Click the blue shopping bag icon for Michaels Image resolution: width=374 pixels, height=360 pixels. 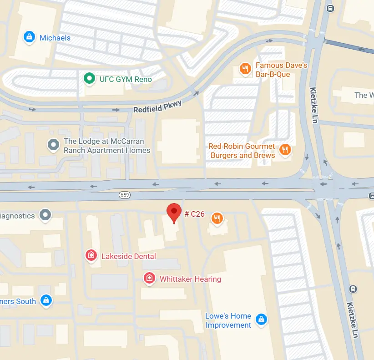(29, 37)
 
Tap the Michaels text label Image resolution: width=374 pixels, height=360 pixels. (55, 38)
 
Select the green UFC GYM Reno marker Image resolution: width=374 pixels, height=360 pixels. (90, 79)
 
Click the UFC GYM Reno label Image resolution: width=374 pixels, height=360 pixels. (126, 79)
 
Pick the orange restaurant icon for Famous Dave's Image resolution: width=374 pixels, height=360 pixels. (245, 69)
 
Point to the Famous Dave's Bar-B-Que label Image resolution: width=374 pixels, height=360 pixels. (281, 69)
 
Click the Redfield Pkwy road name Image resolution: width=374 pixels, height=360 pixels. (157, 107)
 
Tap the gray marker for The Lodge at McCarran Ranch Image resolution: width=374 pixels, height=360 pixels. (54, 145)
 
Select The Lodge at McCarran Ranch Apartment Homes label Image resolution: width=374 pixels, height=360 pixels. (107, 146)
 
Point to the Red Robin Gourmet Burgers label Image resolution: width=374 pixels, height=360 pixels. (242, 151)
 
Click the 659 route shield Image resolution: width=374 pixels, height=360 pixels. (125, 195)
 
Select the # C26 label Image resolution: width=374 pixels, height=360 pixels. (194, 213)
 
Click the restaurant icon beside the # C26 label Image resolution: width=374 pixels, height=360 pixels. (217, 218)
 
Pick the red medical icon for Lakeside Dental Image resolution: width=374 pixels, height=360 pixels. (91, 255)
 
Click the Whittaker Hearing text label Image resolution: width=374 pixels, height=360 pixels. (190, 279)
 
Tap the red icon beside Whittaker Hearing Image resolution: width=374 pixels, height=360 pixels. (148, 278)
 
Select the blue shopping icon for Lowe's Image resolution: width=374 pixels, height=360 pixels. (261, 320)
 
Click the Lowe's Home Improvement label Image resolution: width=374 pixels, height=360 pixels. (228, 320)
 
